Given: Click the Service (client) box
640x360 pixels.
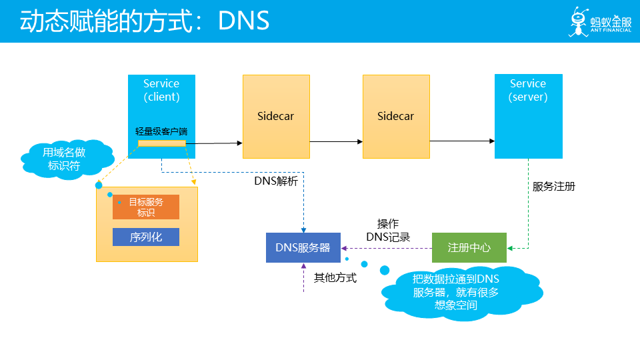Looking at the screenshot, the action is (161, 116).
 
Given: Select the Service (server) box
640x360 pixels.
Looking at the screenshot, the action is (529, 116).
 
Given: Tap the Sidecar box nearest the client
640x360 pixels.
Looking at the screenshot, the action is (276, 116).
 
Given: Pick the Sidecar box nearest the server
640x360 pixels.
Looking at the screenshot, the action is (396, 116).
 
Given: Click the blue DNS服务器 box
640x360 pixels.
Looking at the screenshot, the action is (303, 248).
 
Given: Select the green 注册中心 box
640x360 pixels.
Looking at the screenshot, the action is (469, 248).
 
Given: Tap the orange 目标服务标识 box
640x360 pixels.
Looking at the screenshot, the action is (146, 207).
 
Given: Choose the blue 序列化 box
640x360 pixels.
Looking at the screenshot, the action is (146, 237).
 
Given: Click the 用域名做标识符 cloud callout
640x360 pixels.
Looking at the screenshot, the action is (67, 159).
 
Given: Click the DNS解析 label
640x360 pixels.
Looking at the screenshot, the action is (276, 181).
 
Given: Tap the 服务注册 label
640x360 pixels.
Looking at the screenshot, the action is (554, 187).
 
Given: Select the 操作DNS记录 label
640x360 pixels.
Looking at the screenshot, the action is (388, 230).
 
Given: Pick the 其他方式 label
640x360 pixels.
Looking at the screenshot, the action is (335, 277).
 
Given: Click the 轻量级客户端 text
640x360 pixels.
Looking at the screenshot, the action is (161, 131).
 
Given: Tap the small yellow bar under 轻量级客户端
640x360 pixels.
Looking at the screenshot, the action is (162, 143).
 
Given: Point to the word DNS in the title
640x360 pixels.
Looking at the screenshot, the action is (244, 21).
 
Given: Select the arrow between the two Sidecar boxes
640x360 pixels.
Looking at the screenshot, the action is (336, 141).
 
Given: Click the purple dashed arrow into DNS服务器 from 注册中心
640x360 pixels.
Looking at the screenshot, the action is (387, 248).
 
